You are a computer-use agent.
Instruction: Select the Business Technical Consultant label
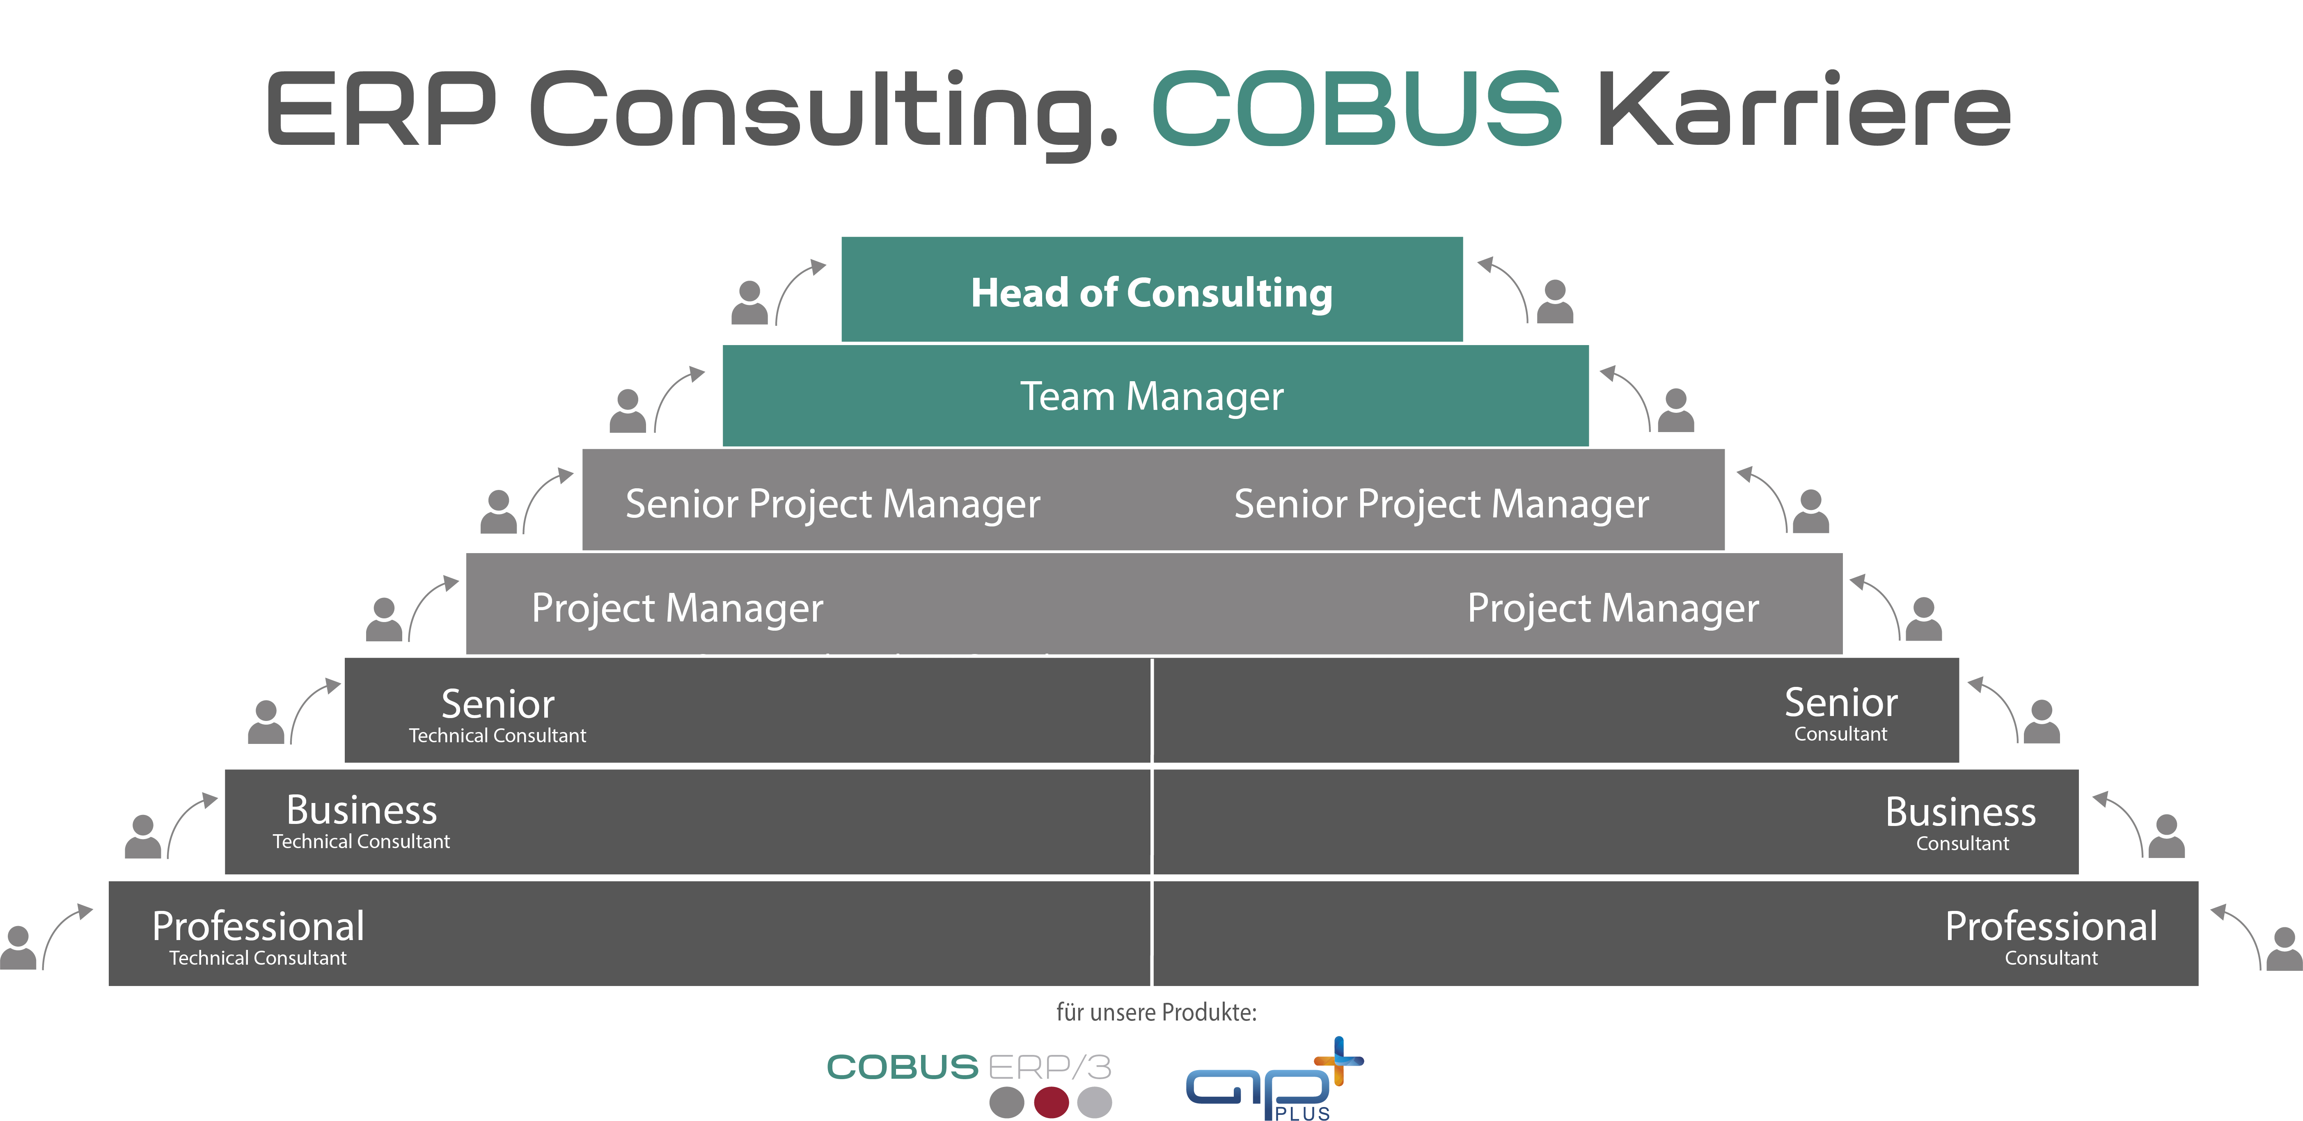click(x=361, y=821)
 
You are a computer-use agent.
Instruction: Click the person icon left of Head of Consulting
click(x=749, y=302)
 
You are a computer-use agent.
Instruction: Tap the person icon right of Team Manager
click(x=1675, y=410)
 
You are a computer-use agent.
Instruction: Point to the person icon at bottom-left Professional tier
click(x=18, y=947)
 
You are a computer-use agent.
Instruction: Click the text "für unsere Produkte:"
click(x=1156, y=1013)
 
